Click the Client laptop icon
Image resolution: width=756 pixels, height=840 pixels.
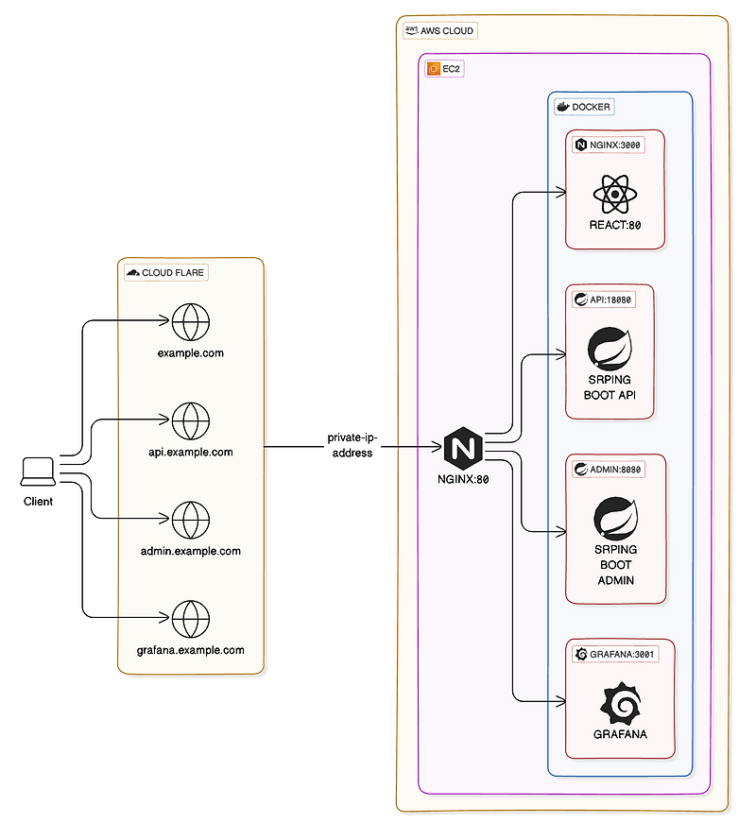tap(38, 469)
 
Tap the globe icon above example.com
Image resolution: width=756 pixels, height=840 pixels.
tap(191, 322)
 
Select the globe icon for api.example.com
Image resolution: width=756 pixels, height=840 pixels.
tap(191, 420)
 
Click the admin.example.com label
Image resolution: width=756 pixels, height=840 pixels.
tap(191, 551)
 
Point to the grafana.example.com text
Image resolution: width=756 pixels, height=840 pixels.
tap(191, 650)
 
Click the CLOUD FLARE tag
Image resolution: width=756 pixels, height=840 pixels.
tap(166, 272)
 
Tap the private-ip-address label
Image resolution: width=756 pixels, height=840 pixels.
tap(352, 445)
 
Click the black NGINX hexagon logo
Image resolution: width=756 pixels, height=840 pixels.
tap(463, 447)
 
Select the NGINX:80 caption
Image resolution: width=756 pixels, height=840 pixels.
tap(462, 479)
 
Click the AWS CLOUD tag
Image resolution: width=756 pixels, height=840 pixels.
tap(440, 30)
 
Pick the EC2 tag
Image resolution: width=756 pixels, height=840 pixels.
tap(444, 69)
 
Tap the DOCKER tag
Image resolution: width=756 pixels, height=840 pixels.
tap(584, 107)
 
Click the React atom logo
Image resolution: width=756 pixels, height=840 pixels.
tap(615, 196)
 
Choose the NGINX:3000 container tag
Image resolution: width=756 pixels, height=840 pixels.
tap(609, 145)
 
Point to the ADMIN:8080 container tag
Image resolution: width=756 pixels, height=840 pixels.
tap(610, 470)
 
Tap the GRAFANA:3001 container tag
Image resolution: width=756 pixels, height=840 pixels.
tap(615, 653)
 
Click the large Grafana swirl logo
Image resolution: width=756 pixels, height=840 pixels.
tap(620, 702)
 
